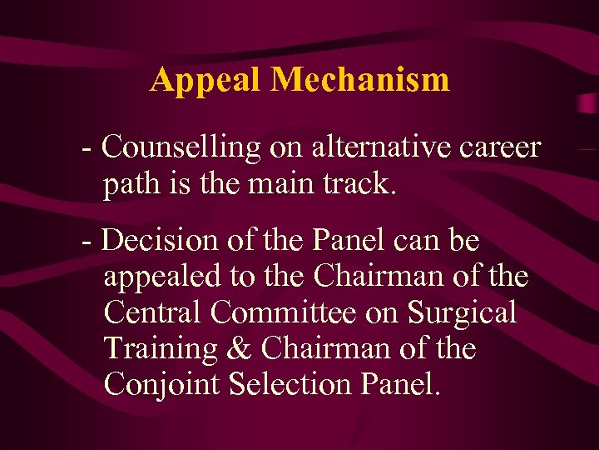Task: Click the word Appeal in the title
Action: coord(206,80)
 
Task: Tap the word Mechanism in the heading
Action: coord(360,80)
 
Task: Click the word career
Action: coord(499,148)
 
